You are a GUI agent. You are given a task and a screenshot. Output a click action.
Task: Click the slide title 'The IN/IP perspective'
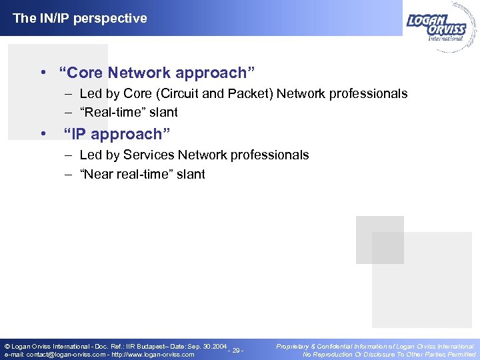pyautogui.click(x=80, y=19)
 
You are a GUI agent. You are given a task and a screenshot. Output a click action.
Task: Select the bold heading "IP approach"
pyautogui.click(x=117, y=134)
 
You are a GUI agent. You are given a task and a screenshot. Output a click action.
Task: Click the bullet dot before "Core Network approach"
pyautogui.click(x=43, y=72)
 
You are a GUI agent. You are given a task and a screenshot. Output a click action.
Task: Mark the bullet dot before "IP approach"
pyautogui.click(x=43, y=134)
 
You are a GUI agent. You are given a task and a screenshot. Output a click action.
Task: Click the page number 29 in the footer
pyautogui.click(x=237, y=351)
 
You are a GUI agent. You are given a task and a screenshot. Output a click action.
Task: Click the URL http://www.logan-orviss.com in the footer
pyautogui.click(x=153, y=355)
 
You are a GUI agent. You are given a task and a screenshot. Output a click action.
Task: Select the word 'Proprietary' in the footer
pyautogui.click(x=294, y=347)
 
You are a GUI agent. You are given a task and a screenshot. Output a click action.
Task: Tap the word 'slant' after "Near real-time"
pyautogui.click(x=190, y=174)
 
